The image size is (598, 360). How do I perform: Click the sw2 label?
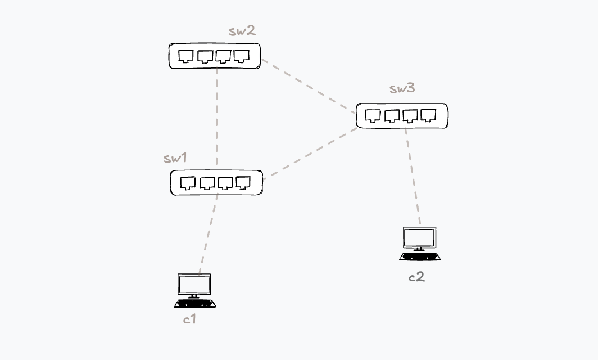pos(242,31)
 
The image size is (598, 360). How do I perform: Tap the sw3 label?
pos(402,88)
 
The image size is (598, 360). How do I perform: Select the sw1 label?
pos(175,158)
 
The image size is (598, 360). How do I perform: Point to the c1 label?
pos(189,319)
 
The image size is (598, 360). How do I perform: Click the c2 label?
pos(416,277)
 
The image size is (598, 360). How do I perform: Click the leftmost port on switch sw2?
pos(186,56)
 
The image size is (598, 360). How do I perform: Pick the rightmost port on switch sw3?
pos(429,115)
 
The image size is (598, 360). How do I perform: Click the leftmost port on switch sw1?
pos(188,183)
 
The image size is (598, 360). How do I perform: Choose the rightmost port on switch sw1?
pos(243,182)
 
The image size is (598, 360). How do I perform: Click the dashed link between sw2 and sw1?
pos(217,118)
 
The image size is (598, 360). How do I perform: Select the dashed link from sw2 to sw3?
pos(308,85)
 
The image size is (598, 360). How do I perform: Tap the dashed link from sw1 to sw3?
pos(310,153)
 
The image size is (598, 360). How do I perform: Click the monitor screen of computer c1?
pos(194,284)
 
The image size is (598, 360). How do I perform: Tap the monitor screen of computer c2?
pos(419,237)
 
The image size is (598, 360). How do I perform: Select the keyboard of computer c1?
pos(195,304)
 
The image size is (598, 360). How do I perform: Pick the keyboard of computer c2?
pos(420,257)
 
